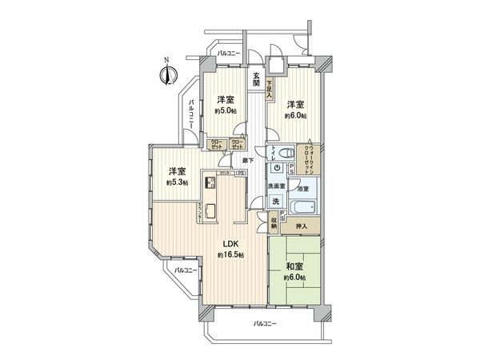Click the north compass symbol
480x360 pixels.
[167, 74]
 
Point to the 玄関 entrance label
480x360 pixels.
[256, 78]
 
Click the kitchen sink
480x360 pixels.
[212, 211]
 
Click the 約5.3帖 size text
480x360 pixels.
[178, 182]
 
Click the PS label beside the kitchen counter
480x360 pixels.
[239, 173]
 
